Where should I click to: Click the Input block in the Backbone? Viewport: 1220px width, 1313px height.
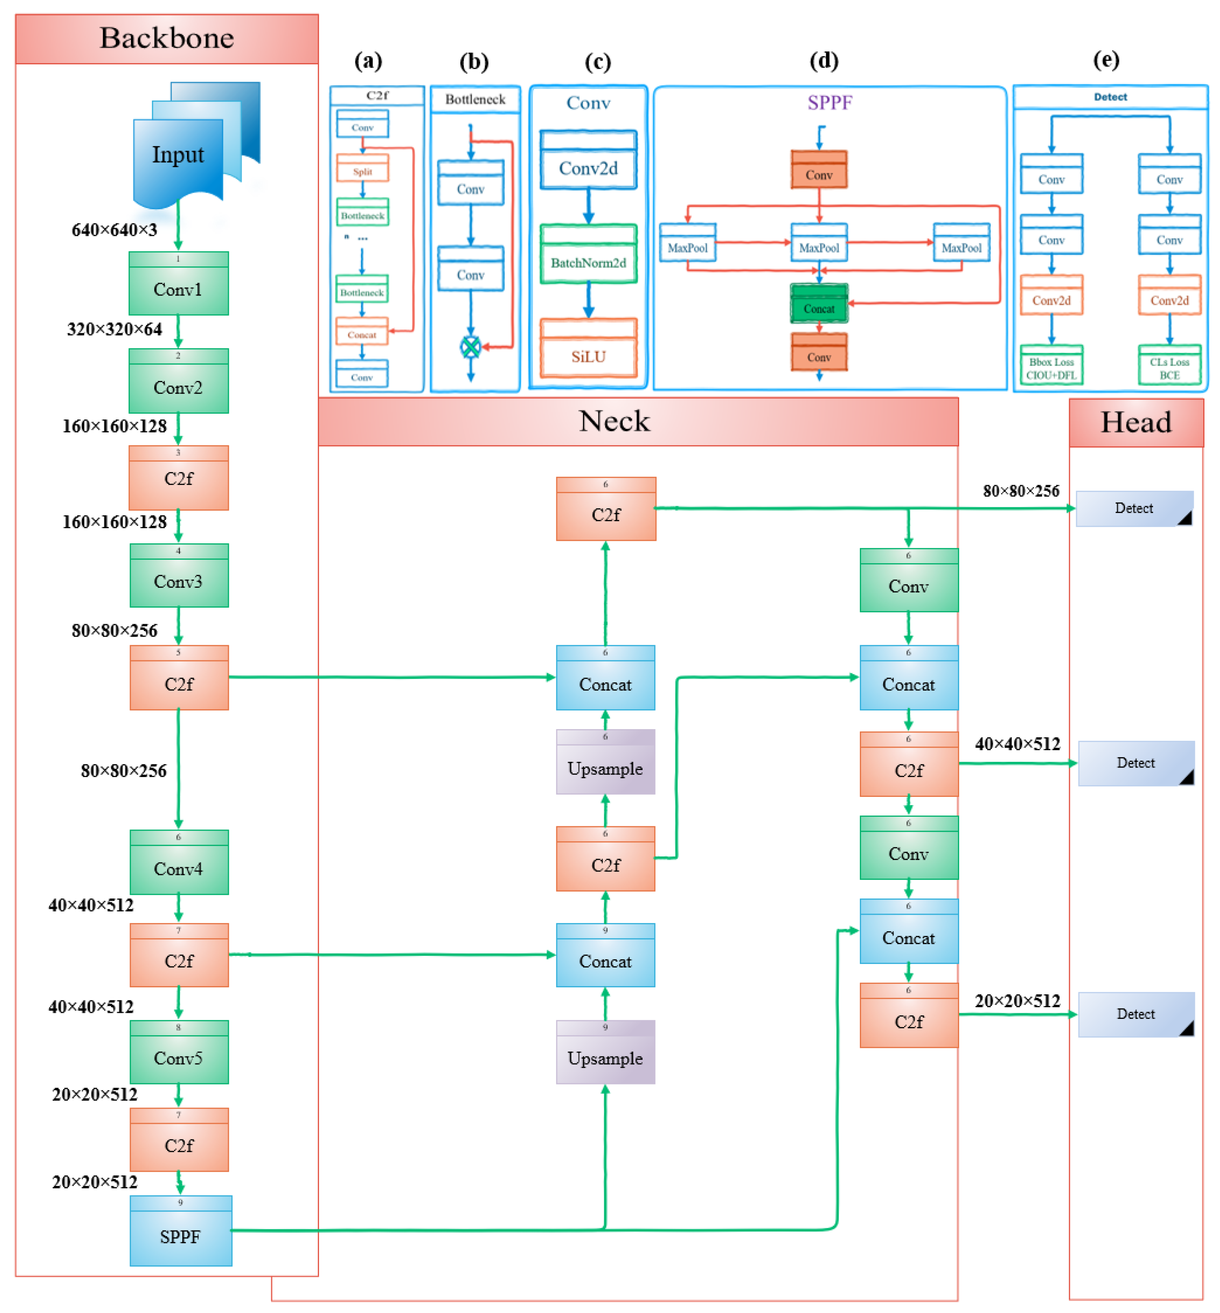pyautogui.click(x=178, y=155)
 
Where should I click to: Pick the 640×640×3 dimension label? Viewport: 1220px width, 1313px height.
pyautogui.click(x=114, y=230)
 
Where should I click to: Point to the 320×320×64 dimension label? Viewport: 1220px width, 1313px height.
pyautogui.click(x=114, y=329)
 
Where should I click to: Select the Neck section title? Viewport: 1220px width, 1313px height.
pyautogui.click(x=614, y=421)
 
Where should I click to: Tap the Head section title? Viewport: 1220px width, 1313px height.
pyautogui.click(x=1135, y=422)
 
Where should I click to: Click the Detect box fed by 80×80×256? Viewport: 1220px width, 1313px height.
pyautogui.click(x=1134, y=508)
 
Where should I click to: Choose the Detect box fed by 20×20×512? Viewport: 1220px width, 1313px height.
pyautogui.click(x=1135, y=1014)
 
